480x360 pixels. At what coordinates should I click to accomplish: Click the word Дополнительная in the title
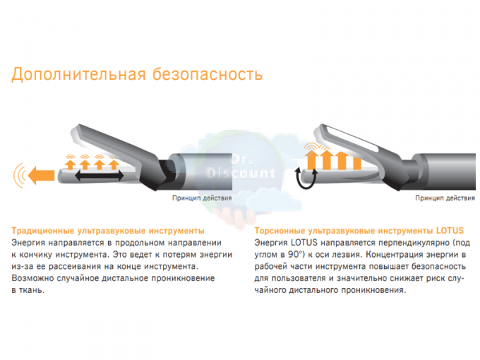[78, 74]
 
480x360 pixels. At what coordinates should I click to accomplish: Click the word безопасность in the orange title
[208, 74]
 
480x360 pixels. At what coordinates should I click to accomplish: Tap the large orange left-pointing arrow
[41, 176]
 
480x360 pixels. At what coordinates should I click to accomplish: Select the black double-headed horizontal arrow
[100, 176]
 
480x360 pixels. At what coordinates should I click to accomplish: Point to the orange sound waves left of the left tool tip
[19, 175]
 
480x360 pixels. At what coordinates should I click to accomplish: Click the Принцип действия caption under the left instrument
[202, 198]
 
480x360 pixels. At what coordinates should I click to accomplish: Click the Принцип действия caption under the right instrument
[445, 198]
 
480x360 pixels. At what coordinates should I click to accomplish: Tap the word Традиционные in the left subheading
[42, 231]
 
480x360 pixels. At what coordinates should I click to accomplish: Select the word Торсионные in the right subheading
[280, 231]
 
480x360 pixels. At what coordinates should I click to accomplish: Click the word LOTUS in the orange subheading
[450, 230]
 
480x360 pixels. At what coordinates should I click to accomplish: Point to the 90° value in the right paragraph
[295, 254]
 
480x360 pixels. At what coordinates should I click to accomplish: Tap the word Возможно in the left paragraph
[30, 278]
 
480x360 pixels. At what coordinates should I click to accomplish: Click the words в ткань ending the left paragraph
[28, 290]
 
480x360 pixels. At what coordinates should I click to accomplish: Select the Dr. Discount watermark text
[241, 167]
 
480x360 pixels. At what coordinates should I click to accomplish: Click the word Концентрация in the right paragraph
[395, 255]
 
